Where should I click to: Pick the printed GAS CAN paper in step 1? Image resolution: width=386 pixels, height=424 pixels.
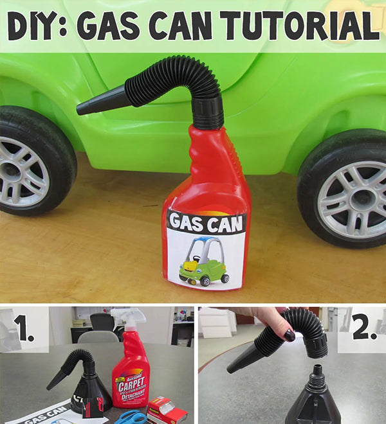(x=45, y=414)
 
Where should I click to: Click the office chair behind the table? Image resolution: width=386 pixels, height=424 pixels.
(x=101, y=328)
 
